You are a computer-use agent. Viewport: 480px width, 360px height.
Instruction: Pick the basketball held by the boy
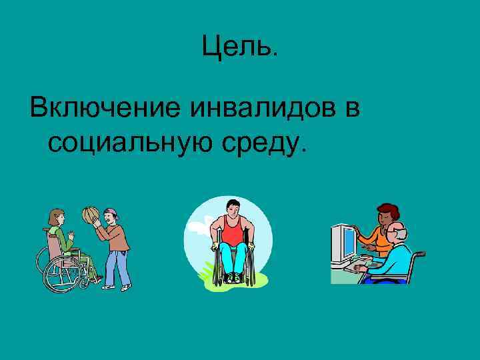(x=90, y=215)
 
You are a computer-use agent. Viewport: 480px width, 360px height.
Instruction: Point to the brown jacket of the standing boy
(x=117, y=236)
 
